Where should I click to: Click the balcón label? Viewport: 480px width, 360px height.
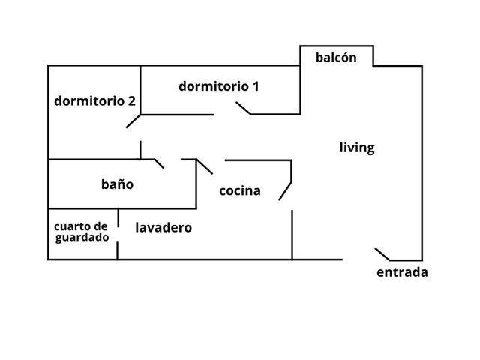coord(336,58)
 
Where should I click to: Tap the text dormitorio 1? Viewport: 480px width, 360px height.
coord(219,86)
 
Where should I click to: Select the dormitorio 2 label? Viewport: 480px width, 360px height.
coord(94,101)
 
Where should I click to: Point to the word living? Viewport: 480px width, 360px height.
coord(357,148)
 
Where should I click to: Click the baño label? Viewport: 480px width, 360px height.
coord(117,184)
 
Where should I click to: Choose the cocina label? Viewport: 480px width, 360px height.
coord(240,191)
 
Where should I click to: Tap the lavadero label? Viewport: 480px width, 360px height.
coord(163,227)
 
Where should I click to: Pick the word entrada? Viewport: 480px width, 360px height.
coord(402,272)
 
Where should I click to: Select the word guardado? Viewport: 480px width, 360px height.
coord(82,238)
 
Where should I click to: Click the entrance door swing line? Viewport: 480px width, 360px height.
coord(382,254)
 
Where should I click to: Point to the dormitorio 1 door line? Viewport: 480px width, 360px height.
coord(243,108)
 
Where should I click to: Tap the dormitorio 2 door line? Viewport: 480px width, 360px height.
coord(133,121)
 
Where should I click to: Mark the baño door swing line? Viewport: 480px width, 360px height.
coord(159,163)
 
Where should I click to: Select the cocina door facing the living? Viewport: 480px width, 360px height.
coord(285,191)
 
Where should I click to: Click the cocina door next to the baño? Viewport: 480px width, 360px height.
coord(205,166)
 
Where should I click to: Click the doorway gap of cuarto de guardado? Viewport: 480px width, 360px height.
coord(118,234)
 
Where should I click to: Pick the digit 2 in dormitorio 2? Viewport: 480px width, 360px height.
coord(132,101)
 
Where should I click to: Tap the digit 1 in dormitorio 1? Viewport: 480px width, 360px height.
coord(256,86)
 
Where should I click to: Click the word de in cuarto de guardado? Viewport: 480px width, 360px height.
coord(100,226)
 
